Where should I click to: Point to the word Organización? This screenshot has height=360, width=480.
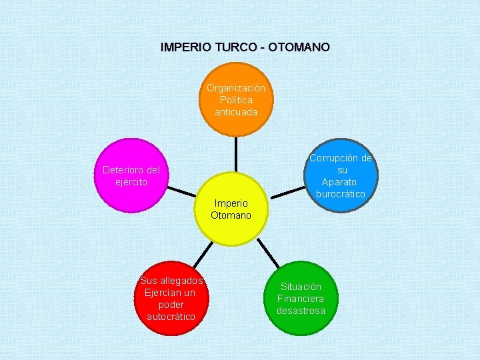235,88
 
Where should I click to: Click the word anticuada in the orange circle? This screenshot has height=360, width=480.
235,112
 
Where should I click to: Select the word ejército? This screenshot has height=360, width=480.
131,181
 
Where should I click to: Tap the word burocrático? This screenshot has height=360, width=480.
340,194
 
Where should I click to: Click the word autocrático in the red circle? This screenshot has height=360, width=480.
171,317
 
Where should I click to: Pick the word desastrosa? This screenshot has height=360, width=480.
301,311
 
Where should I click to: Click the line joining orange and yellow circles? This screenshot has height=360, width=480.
235,153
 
